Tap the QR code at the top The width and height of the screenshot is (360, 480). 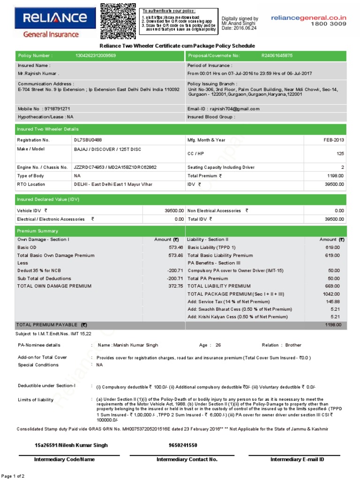coord(119,21)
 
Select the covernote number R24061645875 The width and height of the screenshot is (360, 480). coord(277,56)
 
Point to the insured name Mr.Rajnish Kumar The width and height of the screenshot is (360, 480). coord(38,74)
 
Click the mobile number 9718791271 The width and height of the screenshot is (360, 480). coord(56,109)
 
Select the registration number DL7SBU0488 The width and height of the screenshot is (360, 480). coord(88,140)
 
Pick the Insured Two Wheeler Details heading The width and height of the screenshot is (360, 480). coord(48,129)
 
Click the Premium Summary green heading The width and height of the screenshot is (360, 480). coord(37,231)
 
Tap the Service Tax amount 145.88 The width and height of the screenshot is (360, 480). coord(332,301)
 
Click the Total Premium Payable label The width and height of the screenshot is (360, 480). coord(52,324)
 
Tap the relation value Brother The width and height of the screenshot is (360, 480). coord(293,345)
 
